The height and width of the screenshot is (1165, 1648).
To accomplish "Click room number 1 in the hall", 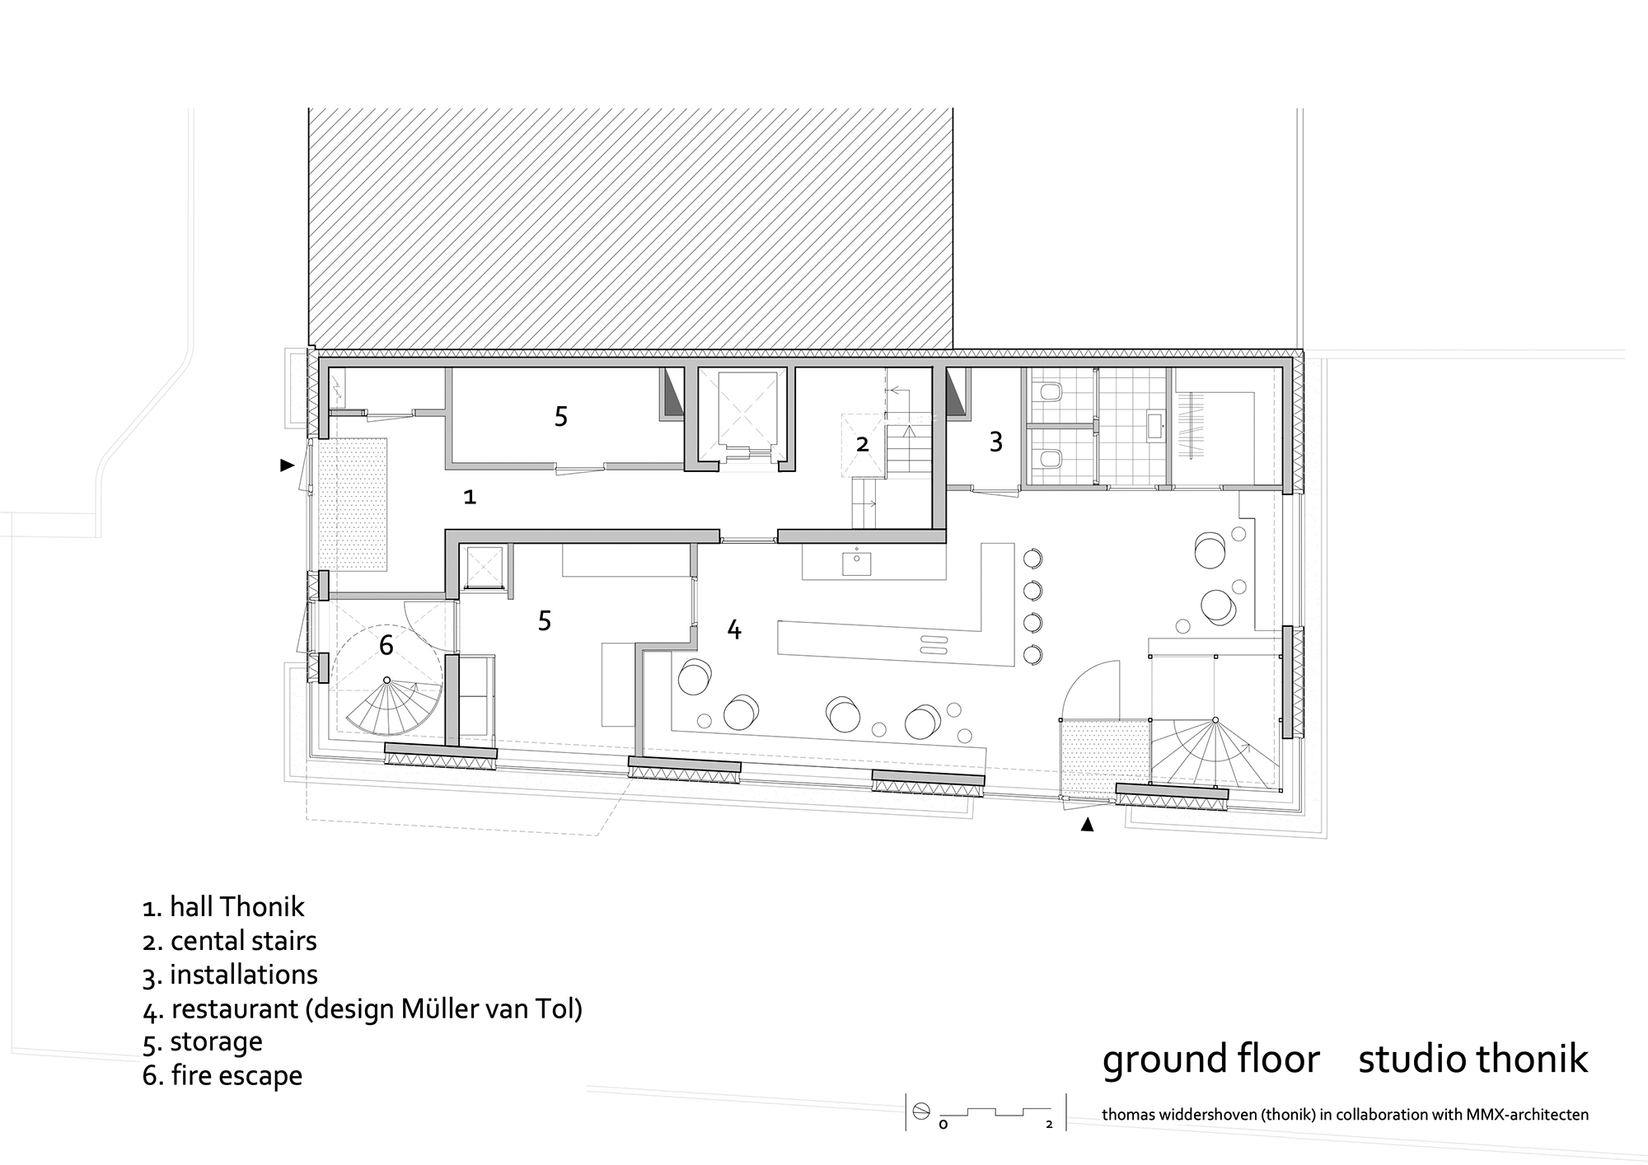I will tap(470, 497).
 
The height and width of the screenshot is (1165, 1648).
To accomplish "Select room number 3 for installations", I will tap(995, 442).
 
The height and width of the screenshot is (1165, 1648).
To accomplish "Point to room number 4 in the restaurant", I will tap(733, 630).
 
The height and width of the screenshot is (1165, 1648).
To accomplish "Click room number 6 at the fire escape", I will tap(386, 645).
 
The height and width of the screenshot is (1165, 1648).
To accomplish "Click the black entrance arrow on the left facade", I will tap(287, 466).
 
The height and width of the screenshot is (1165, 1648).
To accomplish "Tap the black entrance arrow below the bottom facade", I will tap(1087, 824).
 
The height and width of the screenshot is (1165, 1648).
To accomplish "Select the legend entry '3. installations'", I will tap(230, 975).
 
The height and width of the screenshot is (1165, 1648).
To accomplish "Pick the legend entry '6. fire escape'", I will tap(222, 1075).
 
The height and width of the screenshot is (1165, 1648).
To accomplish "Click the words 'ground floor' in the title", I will tap(1210, 1060).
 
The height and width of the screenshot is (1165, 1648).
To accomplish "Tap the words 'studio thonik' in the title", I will tap(1472, 1060).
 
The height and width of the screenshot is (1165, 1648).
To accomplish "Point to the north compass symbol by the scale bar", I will tap(920, 1111).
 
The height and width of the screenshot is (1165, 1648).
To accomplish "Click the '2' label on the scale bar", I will tap(1049, 1124).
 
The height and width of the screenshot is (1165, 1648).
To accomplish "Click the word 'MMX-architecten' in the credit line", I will tap(1527, 1115).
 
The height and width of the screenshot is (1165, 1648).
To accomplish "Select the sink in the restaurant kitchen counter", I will tap(857, 564).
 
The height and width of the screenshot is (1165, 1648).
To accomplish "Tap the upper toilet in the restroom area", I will tap(1050, 393).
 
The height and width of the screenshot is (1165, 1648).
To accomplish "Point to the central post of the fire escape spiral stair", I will tap(387, 680).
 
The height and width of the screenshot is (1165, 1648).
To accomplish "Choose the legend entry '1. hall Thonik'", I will tap(223, 907).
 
